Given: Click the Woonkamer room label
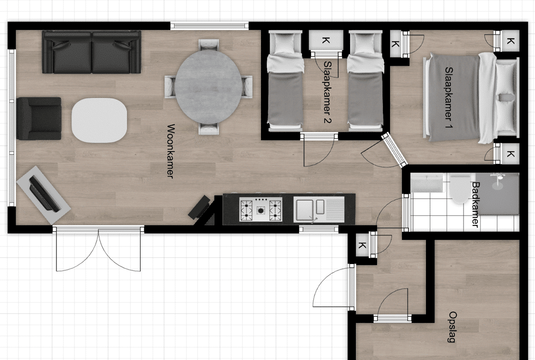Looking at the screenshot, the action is (170, 151).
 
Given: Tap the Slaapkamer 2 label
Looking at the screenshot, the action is (327, 92).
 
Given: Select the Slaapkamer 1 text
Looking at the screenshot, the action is (448, 97).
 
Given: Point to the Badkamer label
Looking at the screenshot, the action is (475, 204).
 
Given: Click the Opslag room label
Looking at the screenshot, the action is (452, 326).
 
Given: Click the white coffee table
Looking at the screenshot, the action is (99, 120).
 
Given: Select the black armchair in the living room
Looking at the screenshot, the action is (39, 118).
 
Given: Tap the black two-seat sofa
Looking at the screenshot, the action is (91, 52).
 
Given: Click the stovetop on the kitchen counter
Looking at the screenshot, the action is (261, 209).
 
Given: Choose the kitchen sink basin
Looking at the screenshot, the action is (304, 209).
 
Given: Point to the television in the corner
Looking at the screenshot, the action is (43, 195).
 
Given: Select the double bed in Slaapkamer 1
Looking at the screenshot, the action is (471, 97).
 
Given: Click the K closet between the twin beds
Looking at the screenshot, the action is (326, 40).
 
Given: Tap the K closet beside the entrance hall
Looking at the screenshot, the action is (362, 245).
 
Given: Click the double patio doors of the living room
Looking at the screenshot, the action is (98, 248).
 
